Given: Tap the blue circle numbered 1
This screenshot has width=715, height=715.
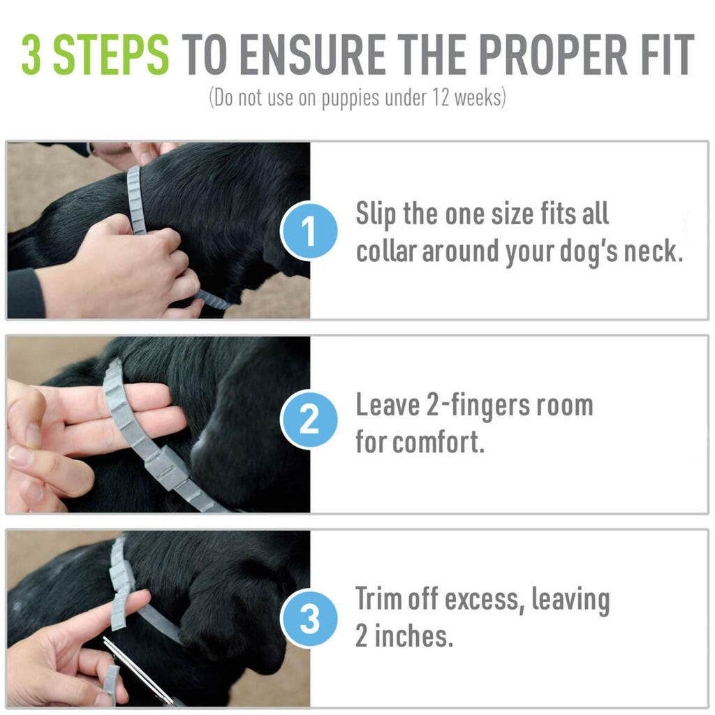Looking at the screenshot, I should (309, 231).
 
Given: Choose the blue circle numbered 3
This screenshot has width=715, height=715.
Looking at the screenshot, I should (309, 618).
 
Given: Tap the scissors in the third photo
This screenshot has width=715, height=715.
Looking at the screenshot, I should (140, 670).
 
